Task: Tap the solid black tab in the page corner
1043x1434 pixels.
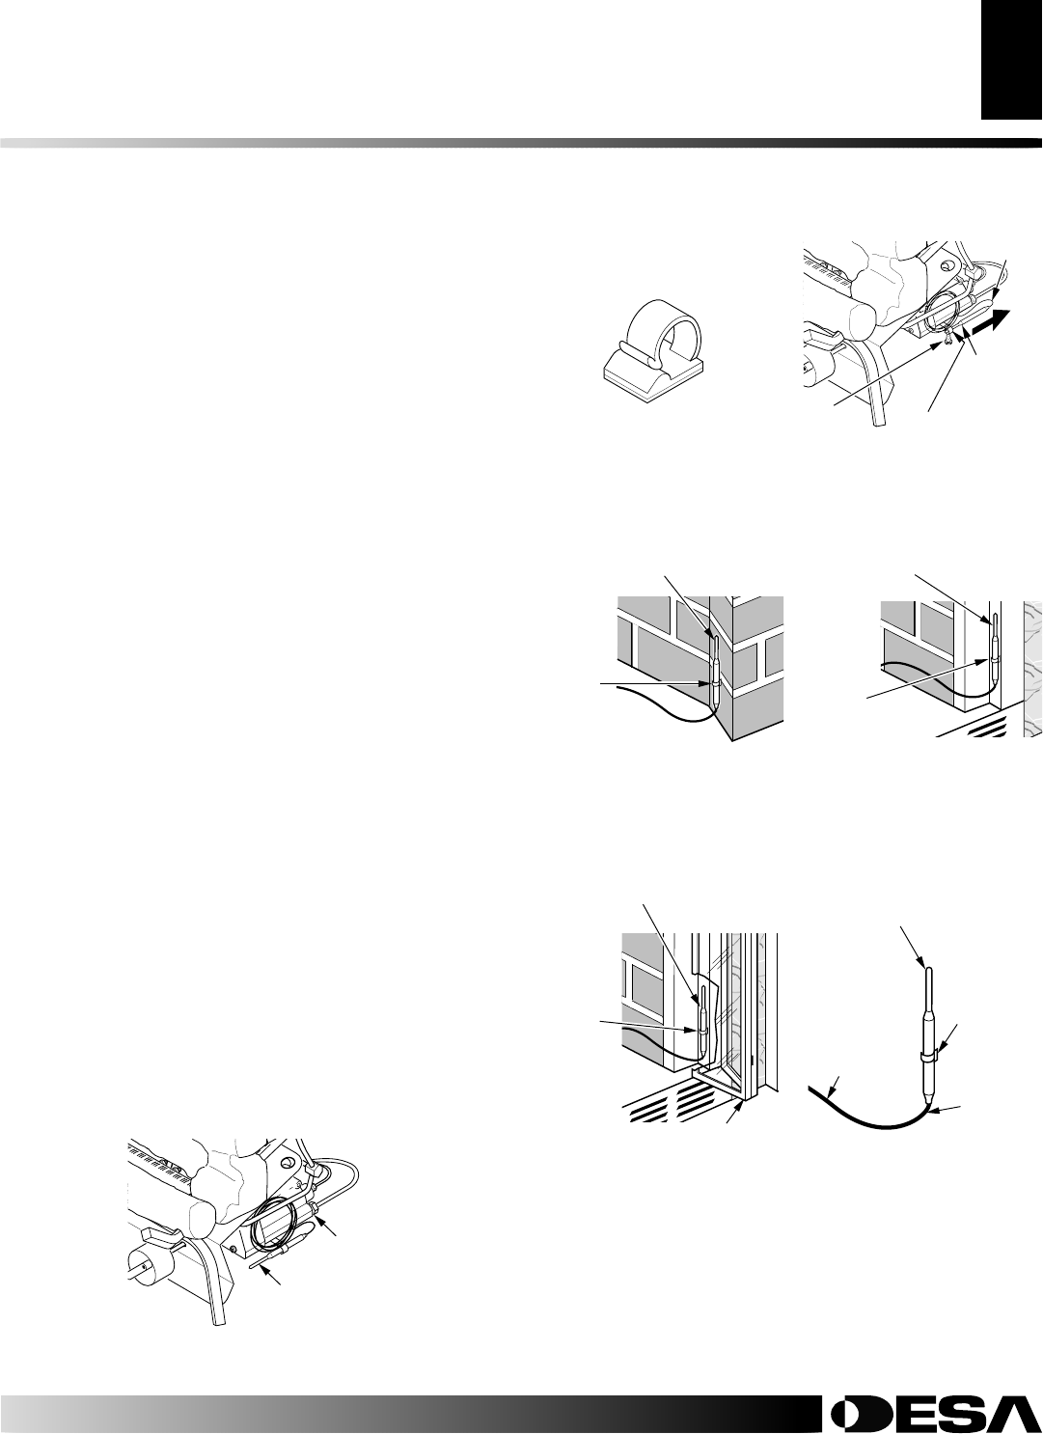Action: (1011, 60)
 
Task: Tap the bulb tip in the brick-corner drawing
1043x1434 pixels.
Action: (714, 636)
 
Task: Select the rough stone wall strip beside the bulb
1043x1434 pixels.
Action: (1031, 666)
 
